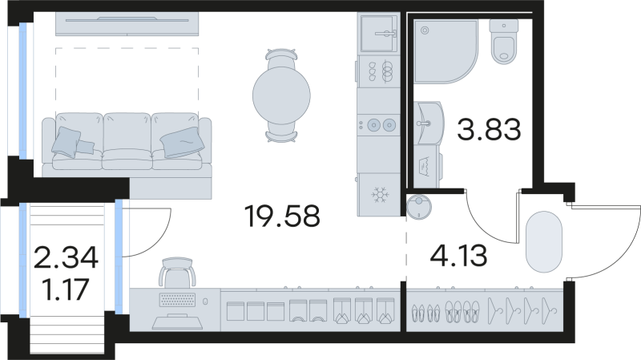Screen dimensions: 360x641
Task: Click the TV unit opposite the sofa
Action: click(x=127, y=23)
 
